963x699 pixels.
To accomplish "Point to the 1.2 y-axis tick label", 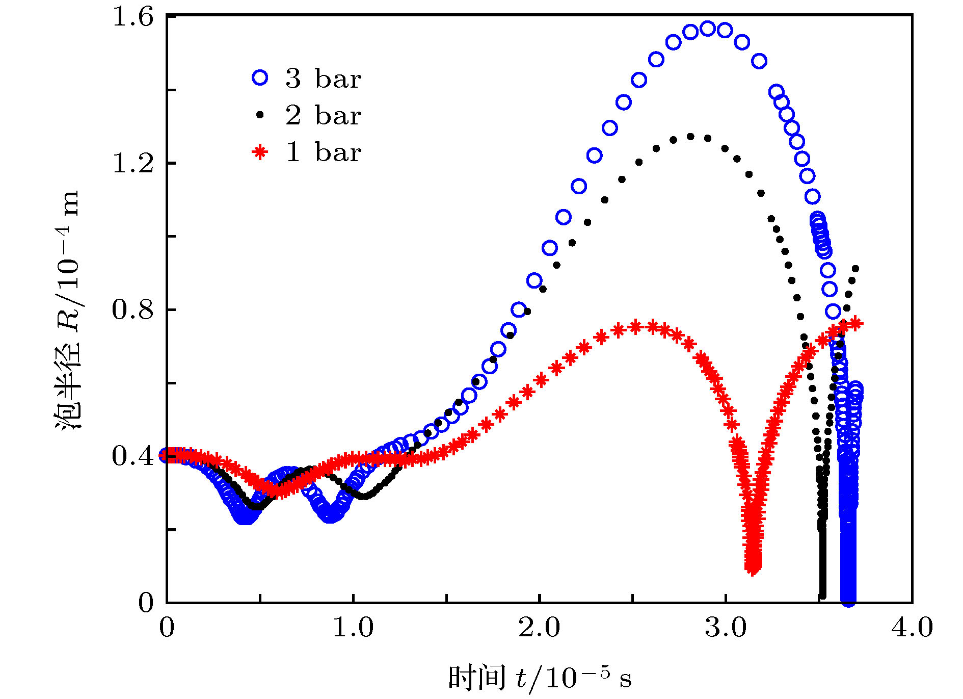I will tap(132, 164).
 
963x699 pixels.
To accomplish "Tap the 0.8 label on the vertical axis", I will tap(132, 309).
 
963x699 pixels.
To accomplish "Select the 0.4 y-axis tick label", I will tap(132, 456).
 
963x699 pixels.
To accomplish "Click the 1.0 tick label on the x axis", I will tap(353, 628).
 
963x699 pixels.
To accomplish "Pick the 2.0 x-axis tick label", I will tap(539, 628).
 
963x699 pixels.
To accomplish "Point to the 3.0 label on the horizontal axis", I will tap(726, 628).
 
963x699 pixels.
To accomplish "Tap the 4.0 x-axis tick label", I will tap(912, 628).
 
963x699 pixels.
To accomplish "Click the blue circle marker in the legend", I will tap(260, 78).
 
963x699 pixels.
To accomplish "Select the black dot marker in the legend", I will tap(260, 115).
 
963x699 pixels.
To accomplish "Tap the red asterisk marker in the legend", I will tap(260, 152).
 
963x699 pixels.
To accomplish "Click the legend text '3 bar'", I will tap(323, 79).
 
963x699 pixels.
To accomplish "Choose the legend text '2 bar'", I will tap(323, 115).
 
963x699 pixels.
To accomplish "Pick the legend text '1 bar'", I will tap(323, 152).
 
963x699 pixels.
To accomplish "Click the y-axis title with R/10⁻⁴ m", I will tap(68, 311).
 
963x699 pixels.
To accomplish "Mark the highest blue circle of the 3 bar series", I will tap(707, 29).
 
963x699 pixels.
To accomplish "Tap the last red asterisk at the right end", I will tap(857, 323).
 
